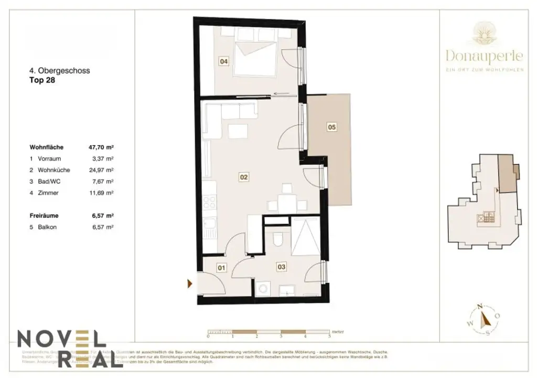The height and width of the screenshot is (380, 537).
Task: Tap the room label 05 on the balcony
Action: pyautogui.click(x=331, y=126)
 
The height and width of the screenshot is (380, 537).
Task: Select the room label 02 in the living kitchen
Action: pyautogui.click(x=243, y=177)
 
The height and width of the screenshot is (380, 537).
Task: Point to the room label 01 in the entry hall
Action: pyautogui.click(x=221, y=268)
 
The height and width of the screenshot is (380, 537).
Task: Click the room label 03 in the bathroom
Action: pyautogui.click(x=282, y=267)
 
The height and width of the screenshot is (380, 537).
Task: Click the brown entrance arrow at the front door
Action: pyautogui.click(x=190, y=284)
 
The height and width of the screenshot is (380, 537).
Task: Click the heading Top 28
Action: pyautogui.click(x=42, y=81)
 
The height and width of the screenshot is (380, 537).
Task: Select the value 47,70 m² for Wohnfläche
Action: pyautogui.click(x=101, y=147)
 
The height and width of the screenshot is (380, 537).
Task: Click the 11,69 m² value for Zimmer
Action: pyautogui.click(x=102, y=193)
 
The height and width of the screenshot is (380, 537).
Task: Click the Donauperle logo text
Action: pyautogui.click(x=485, y=55)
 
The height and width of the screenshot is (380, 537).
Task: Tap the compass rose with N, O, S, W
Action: pyautogui.click(x=484, y=319)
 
